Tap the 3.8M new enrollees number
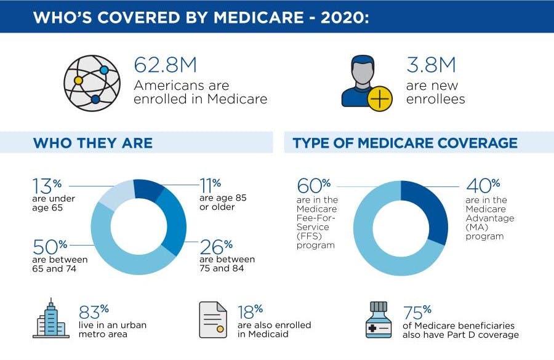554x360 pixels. tap(431, 66)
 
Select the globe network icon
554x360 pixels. tap(92, 83)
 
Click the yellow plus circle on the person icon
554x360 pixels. tap(379, 98)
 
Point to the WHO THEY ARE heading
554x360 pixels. tap(92, 143)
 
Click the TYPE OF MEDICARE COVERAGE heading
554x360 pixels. tap(405, 143)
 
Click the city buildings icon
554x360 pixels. tap(51, 319)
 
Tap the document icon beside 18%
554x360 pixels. tap(213, 319)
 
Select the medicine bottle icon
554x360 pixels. tap(378, 319)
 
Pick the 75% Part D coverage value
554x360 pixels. tap(417, 312)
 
